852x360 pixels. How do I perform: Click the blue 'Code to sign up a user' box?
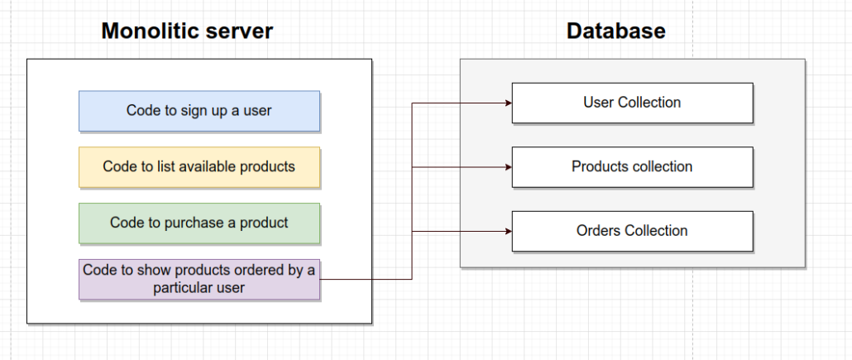click(x=199, y=111)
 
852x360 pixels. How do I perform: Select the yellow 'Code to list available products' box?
click(x=199, y=167)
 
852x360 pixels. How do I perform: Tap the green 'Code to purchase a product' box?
click(x=199, y=223)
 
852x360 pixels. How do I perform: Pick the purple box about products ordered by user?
click(x=199, y=279)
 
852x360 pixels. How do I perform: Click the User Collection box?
click(x=633, y=103)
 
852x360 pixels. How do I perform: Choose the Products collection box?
click(x=633, y=167)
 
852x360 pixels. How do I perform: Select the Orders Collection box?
click(x=633, y=231)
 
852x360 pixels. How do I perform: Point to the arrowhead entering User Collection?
click(x=509, y=103)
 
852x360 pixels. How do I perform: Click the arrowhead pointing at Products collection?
click(x=509, y=167)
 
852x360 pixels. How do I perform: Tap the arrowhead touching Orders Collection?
click(x=509, y=231)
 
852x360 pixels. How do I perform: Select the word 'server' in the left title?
click(x=240, y=31)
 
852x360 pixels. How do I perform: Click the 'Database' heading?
click(x=615, y=31)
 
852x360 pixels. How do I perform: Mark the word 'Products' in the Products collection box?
click(x=597, y=166)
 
